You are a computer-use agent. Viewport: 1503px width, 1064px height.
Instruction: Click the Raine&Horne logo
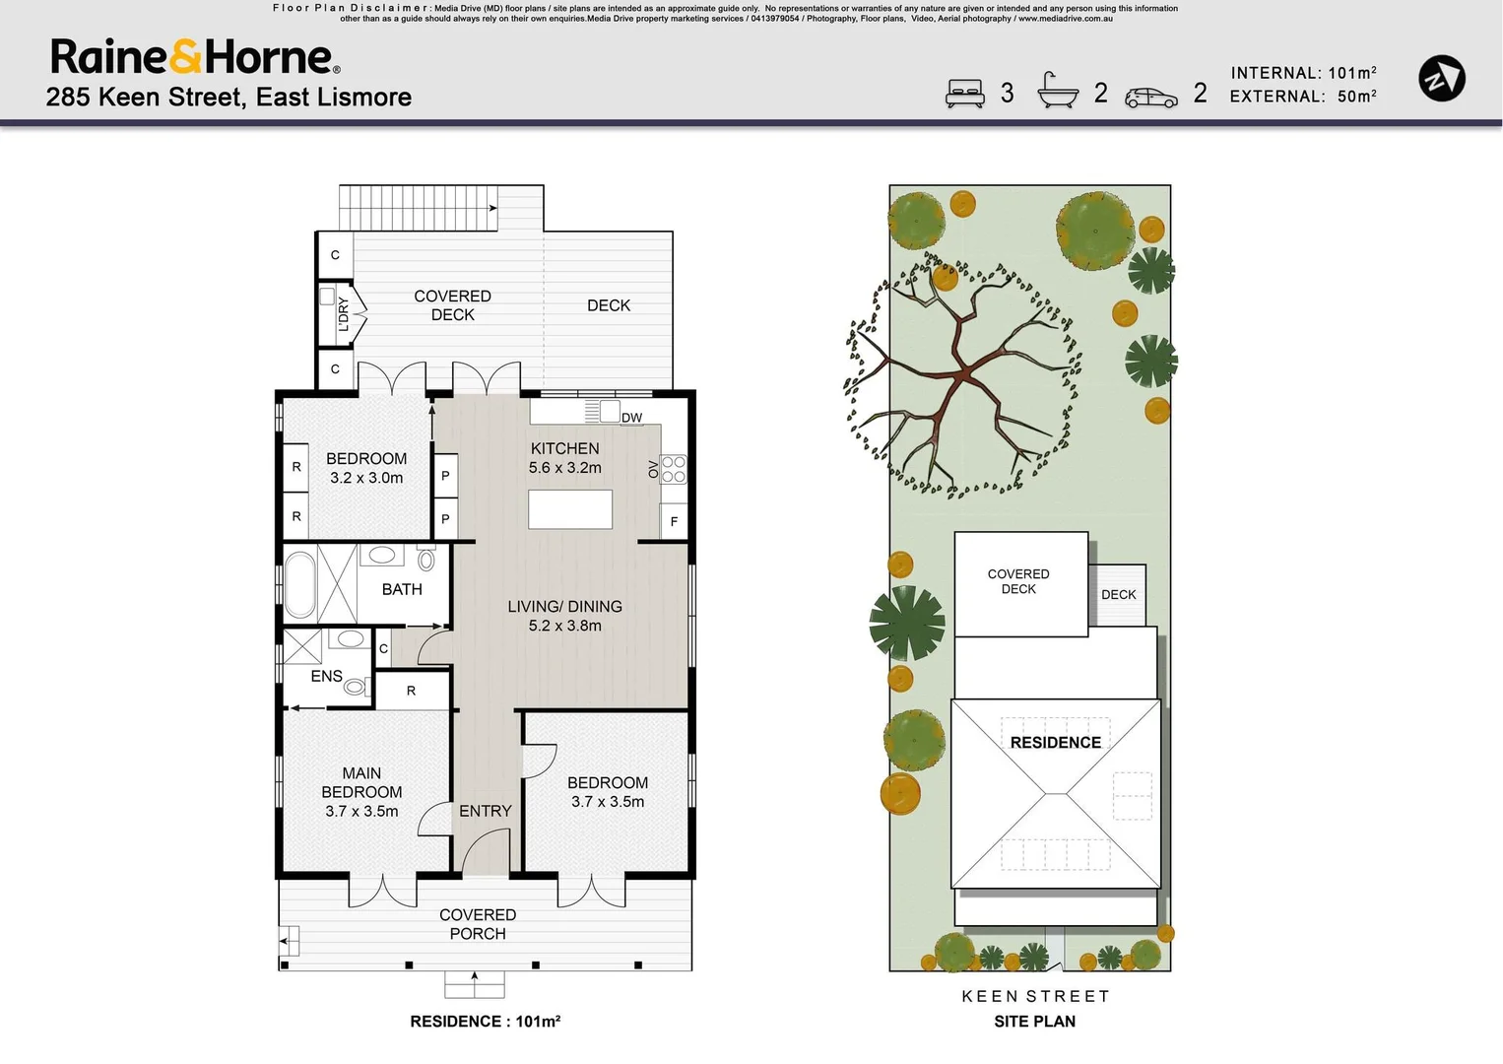tap(195, 57)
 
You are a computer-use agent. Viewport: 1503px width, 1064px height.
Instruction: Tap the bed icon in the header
tap(964, 94)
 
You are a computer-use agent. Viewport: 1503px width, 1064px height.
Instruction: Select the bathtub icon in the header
tap(1057, 92)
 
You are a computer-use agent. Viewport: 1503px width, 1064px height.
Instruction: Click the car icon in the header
tap(1150, 97)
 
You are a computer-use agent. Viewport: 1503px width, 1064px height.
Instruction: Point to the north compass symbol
tap(1441, 79)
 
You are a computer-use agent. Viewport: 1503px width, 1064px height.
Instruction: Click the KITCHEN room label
tap(564, 448)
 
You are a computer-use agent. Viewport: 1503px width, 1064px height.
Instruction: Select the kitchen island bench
tap(570, 509)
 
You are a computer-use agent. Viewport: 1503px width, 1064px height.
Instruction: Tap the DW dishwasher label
tap(631, 418)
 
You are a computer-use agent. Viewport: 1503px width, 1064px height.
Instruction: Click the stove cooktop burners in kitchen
tap(674, 469)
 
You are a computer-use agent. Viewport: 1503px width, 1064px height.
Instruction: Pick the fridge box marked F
tap(674, 521)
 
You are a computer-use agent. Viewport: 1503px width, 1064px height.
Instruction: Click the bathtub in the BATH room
tap(299, 584)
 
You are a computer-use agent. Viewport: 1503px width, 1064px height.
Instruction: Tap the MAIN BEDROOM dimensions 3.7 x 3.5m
tap(361, 812)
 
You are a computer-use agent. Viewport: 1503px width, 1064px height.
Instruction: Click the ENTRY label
tap(485, 811)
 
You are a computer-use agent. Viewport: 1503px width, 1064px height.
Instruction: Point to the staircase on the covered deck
tap(419, 208)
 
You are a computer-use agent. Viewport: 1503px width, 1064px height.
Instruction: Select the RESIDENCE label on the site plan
tap(1055, 743)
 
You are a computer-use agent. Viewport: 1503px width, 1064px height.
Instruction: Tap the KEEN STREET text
tap(1035, 996)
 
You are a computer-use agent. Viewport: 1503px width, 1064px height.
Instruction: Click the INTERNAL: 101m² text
tap(1302, 73)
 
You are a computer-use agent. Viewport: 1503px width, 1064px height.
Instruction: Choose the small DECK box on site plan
tap(1118, 594)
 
